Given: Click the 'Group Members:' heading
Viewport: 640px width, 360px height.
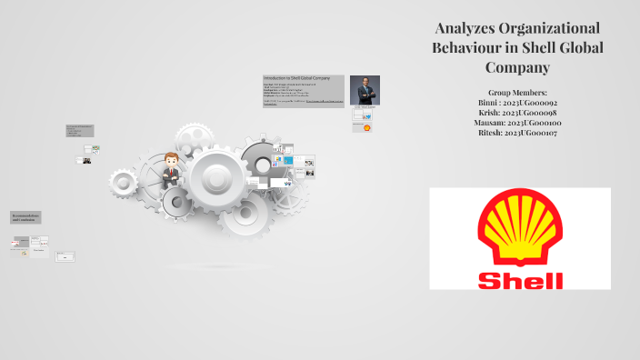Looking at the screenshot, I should click(x=516, y=93).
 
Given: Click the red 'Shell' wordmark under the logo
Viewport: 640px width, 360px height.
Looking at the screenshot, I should click(x=520, y=278).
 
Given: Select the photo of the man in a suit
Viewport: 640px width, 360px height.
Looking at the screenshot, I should click(x=365, y=90).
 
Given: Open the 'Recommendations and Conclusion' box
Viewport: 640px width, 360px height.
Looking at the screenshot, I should click(x=25, y=218).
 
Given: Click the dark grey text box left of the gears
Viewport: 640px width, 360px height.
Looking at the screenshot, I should click(x=78, y=131).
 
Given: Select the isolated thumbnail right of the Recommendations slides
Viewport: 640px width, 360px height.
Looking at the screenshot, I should click(x=65, y=256).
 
